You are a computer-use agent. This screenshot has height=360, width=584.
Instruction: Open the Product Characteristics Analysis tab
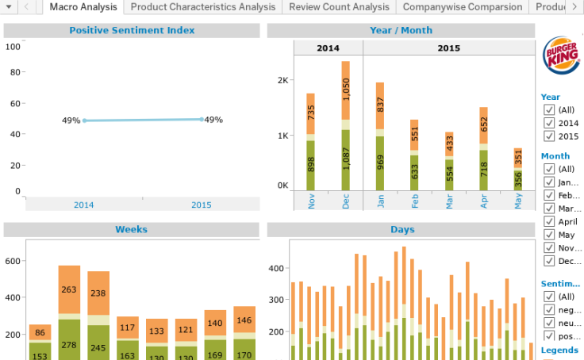202,6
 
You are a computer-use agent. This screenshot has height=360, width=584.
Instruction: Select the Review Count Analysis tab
339,6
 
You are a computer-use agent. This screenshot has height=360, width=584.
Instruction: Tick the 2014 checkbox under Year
549,123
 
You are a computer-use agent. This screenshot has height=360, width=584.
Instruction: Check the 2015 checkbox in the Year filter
549,136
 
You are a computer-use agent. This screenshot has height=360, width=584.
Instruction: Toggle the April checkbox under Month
549,222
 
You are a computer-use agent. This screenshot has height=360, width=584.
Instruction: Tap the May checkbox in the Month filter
549,235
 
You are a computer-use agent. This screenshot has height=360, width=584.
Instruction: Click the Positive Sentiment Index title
132,31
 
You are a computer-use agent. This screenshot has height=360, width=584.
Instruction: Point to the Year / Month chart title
401,31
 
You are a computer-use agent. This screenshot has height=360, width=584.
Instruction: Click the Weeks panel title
132,230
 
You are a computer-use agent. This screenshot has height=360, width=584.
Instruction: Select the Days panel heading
401,230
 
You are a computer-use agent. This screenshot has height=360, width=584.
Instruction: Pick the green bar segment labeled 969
380,163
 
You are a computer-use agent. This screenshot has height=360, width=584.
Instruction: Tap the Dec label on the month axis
345,201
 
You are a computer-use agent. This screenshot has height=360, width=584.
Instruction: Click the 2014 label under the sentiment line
84,205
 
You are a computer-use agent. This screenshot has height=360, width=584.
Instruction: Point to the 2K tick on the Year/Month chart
282,80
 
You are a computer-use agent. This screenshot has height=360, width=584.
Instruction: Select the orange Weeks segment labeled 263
69,289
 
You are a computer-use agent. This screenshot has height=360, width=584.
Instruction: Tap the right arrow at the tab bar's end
574,6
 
